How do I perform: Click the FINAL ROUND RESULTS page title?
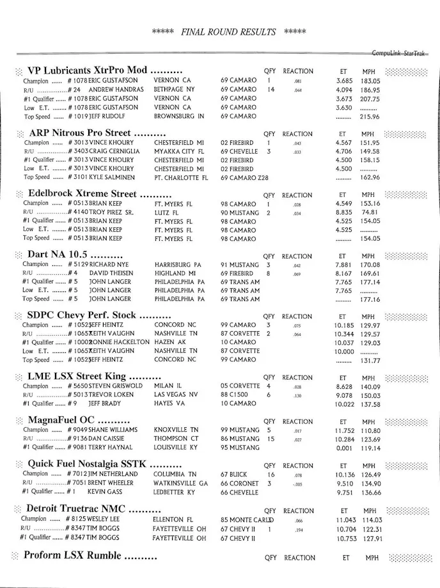coord(228,32)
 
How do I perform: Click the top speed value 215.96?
coord(370,117)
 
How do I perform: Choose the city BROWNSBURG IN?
coord(179,117)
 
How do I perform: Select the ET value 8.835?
coord(347,212)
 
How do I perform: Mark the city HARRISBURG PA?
coord(178,265)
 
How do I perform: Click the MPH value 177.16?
coord(370,299)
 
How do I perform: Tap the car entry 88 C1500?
coord(235,395)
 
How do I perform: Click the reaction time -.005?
coord(297,484)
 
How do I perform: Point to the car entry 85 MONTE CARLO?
coord(247,519)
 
